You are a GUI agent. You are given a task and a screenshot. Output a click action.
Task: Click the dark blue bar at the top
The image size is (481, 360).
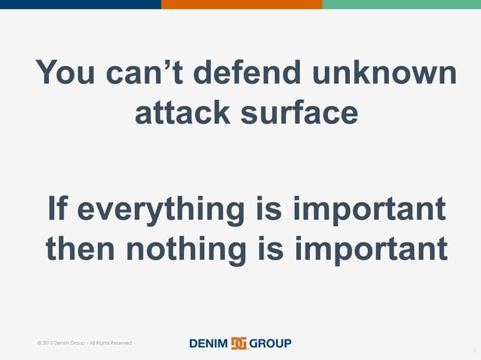[80, 5]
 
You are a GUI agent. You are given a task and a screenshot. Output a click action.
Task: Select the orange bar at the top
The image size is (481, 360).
[241, 5]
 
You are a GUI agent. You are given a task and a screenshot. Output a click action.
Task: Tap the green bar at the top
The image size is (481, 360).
[401, 5]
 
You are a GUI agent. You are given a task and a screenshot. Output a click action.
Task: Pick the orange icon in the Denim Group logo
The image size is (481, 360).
[239, 343]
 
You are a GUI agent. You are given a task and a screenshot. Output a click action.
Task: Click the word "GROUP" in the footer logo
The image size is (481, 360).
[270, 343]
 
